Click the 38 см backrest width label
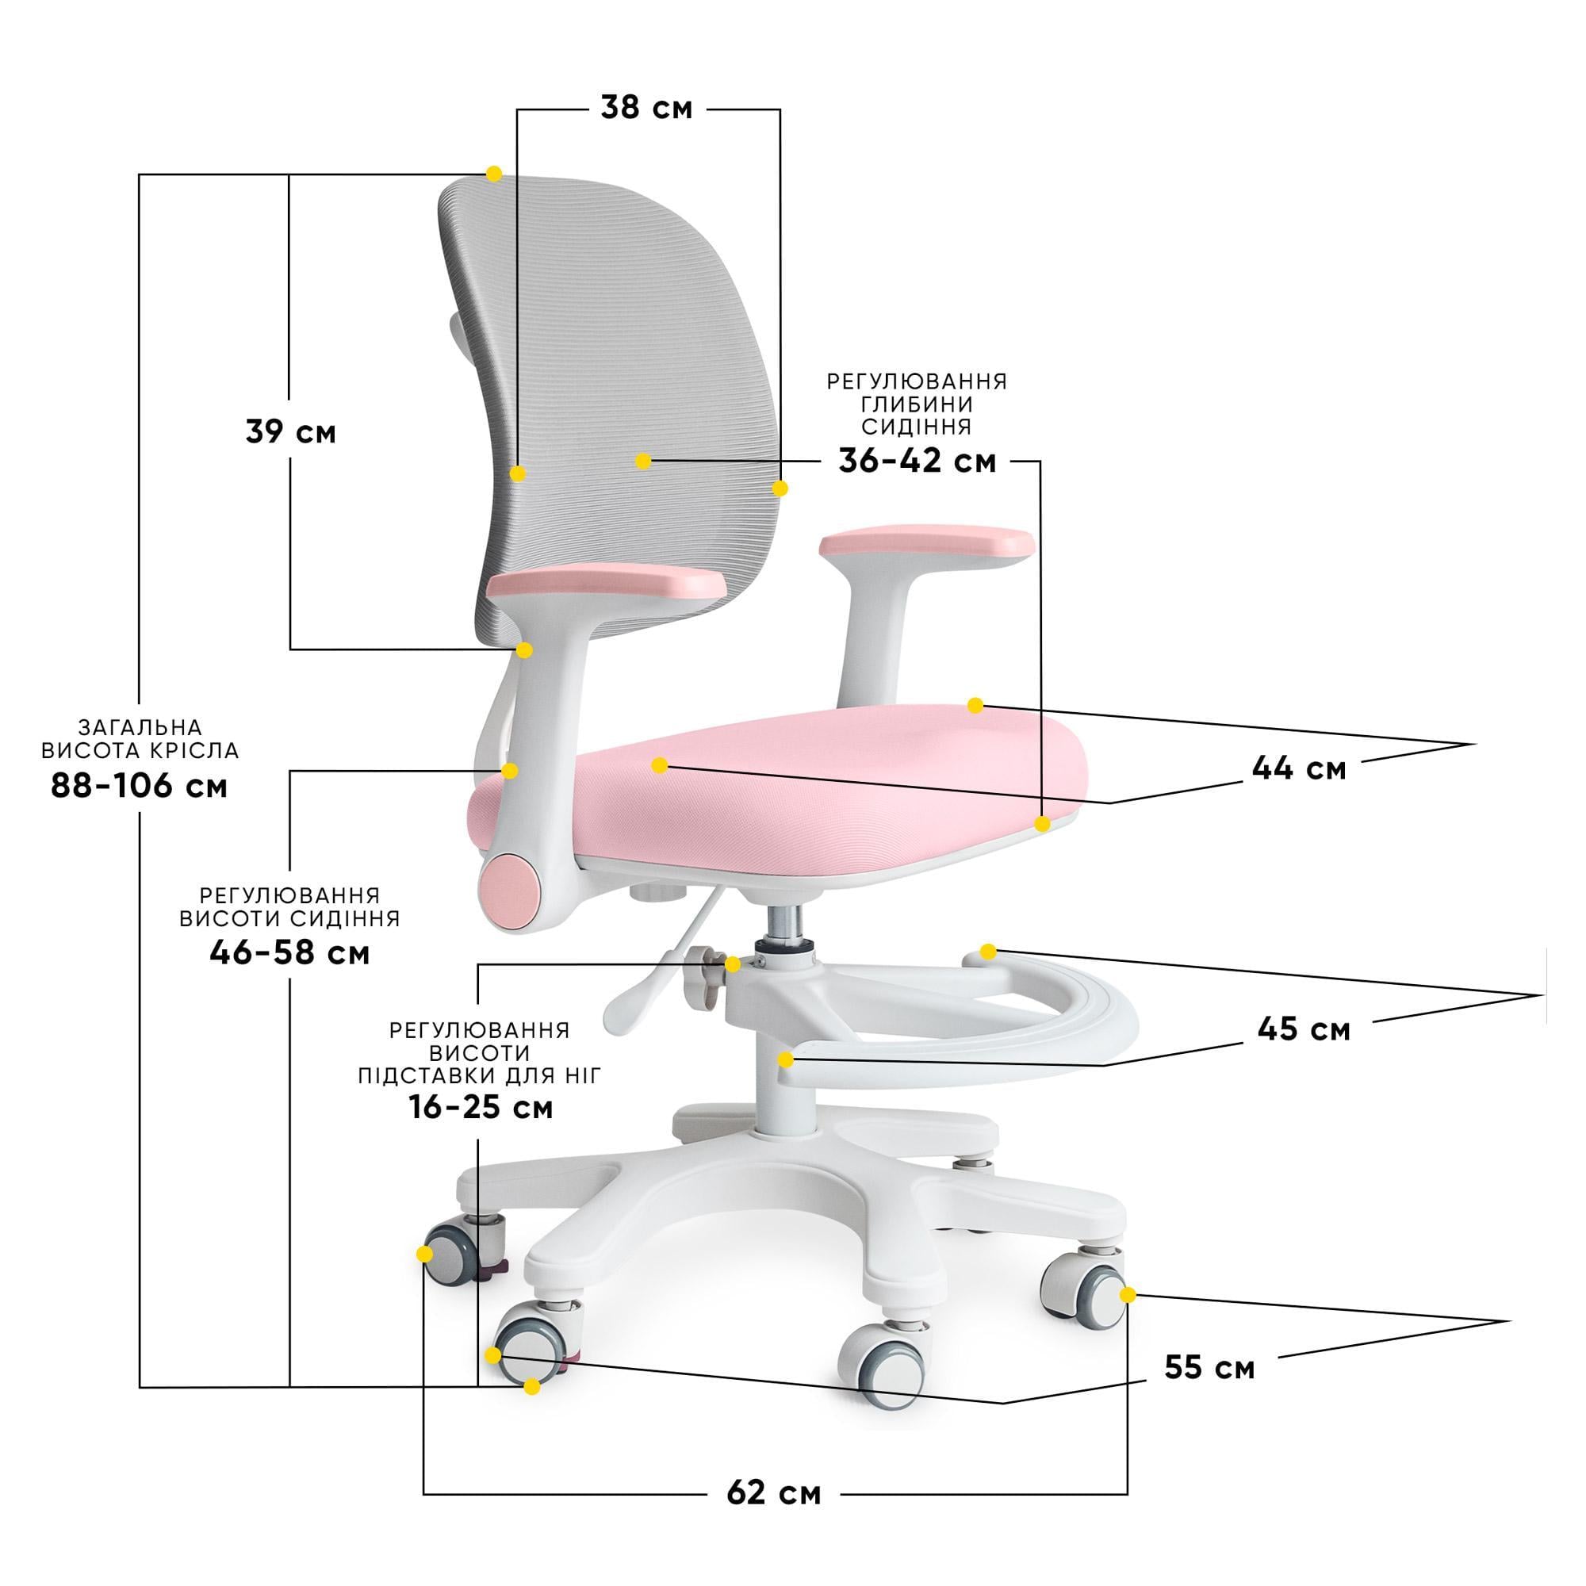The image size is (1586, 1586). [x=646, y=108]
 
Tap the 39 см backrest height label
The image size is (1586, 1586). [x=290, y=432]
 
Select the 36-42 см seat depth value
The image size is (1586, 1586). [x=917, y=462]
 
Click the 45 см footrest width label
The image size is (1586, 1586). [x=1304, y=1029]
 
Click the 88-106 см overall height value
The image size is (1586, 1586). [x=139, y=786]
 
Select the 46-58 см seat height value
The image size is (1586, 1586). [x=289, y=953]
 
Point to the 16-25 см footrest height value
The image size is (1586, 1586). [x=481, y=1107]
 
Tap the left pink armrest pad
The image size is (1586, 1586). [x=607, y=584]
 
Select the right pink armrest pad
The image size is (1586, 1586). [x=927, y=543]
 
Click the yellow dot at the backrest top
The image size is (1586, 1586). [x=494, y=173]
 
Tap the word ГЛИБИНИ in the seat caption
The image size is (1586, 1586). [x=916, y=404]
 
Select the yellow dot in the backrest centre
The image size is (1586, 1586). [x=644, y=462]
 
